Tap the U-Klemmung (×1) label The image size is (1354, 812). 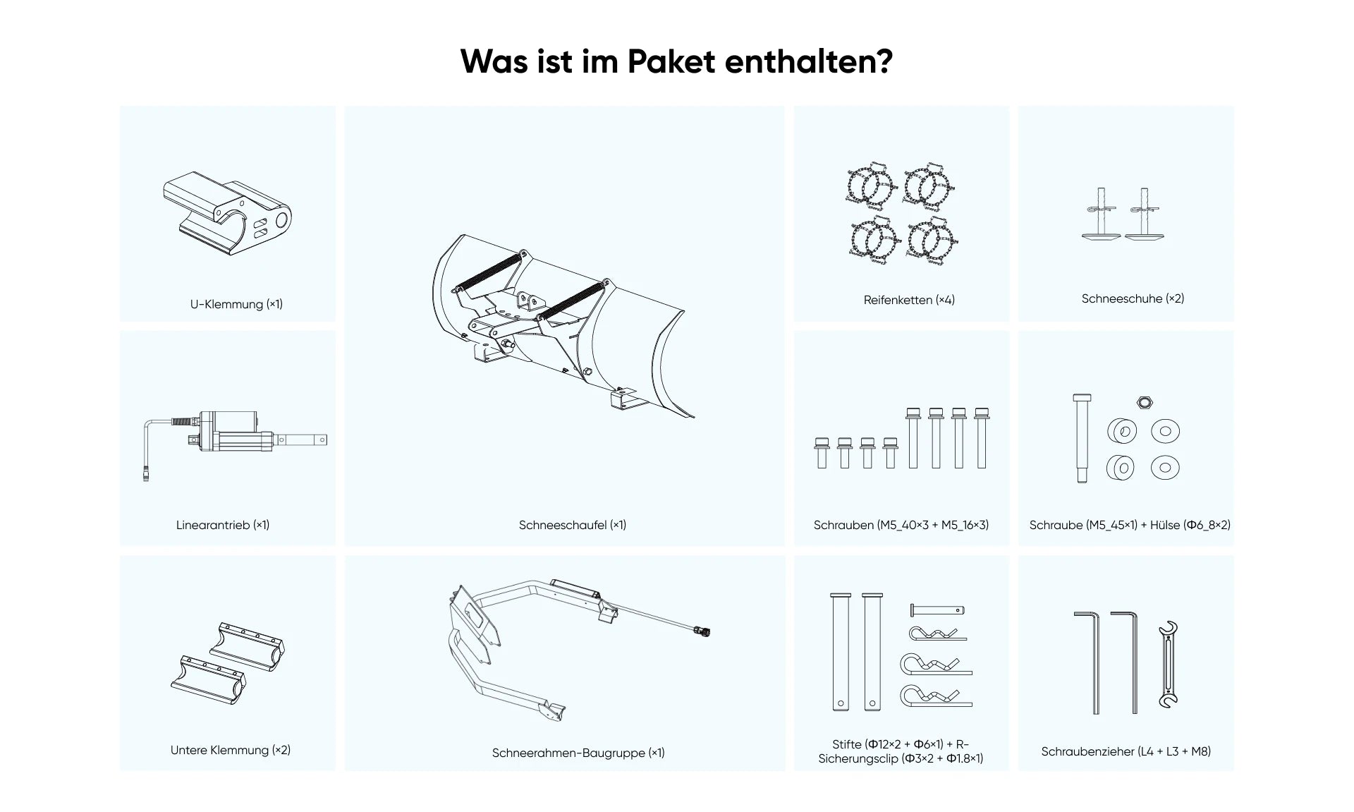[236, 304]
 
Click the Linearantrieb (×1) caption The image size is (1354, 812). [223, 525]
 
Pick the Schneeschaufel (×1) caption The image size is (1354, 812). [573, 525]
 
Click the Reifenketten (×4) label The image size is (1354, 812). [909, 300]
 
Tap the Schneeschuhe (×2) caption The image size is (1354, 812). [1133, 298]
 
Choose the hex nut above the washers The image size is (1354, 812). [1144, 403]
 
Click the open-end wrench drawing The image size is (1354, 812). [1168, 665]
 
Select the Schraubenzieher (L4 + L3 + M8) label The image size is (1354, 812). [1126, 751]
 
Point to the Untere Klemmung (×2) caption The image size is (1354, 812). [231, 750]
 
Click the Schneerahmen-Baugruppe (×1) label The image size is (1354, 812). [578, 753]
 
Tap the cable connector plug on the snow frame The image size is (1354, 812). [702, 631]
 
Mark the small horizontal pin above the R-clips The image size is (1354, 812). [937, 610]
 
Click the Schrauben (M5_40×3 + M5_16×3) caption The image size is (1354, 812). [901, 525]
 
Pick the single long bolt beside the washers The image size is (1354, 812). [1082, 438]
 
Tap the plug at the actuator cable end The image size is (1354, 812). [146, 473]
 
